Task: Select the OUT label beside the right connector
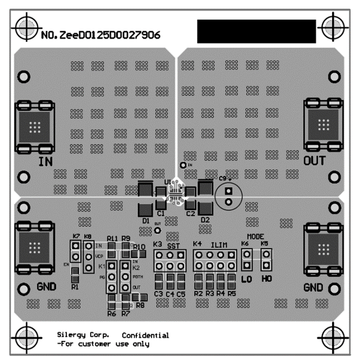[314, 161]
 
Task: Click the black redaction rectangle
[256, 31]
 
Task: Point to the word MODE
[255, 236]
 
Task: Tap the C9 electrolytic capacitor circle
[228, 196]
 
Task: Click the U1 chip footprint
[175, 192]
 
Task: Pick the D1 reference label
[146, 220]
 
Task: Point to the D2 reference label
[204, 220]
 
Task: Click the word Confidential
[145, 335]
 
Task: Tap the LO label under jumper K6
[246, 279]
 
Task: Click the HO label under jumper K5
[266, 279]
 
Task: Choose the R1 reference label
[75, 287]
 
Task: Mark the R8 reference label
[140, 304]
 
